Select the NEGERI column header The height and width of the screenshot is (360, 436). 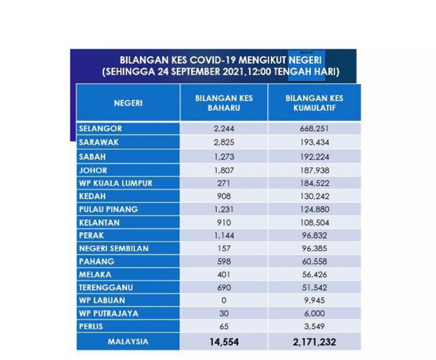(128, 103)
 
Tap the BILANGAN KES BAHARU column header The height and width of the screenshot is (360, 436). (224, 103)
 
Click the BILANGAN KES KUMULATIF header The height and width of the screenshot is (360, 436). (314, 103)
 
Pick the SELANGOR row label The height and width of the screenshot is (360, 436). (100, 129)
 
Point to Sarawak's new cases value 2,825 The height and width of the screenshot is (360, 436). (224, 142)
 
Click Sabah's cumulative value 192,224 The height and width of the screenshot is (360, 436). (315, 157)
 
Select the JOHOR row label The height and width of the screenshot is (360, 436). (93, 170)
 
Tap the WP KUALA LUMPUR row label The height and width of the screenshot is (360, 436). (116, 183)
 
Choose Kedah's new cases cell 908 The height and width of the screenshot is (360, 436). (224, 196)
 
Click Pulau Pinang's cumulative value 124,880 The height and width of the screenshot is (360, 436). (315, 209)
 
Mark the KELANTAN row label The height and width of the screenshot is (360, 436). (99, 222)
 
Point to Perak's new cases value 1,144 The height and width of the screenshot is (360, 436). (224, 235)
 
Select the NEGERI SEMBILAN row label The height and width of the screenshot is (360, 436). (114, 249)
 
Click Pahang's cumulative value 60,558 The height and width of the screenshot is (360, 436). (315, 261)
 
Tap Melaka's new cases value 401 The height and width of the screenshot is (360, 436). (224, 274)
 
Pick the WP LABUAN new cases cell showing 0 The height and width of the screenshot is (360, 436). (224, 300)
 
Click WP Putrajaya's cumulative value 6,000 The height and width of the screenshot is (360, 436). (315, 313)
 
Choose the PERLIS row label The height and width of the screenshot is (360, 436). (91, 326)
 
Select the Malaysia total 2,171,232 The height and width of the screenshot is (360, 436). (314, 342)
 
